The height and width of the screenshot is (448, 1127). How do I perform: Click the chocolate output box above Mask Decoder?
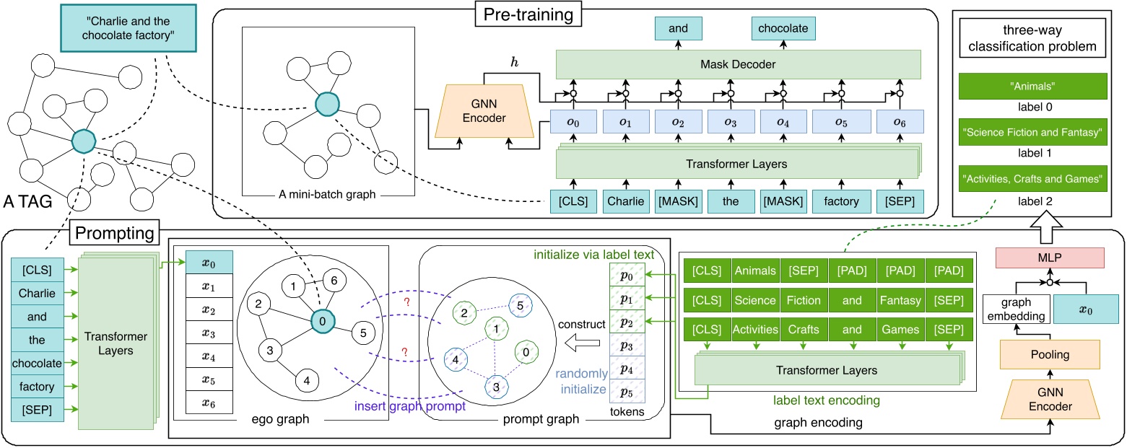(783, 28)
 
